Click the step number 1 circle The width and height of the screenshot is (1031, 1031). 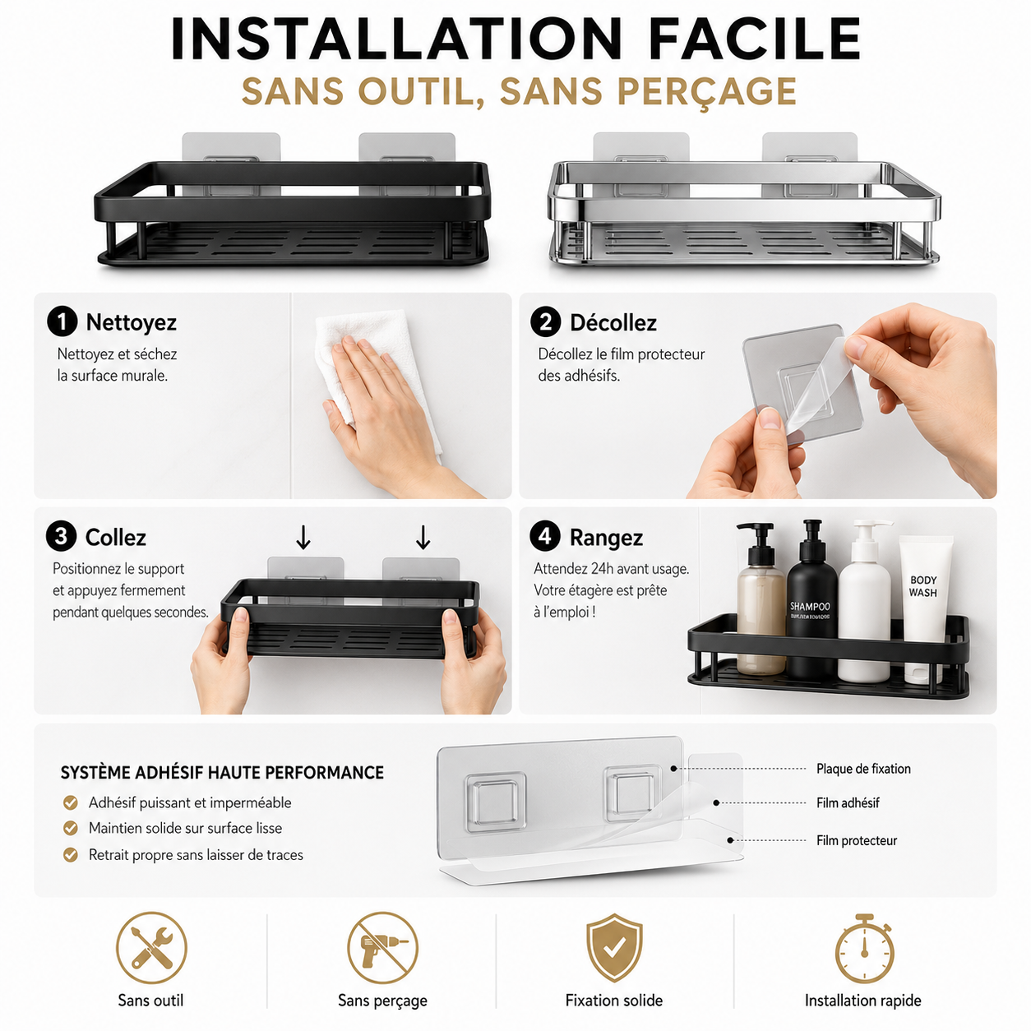click(62, 321)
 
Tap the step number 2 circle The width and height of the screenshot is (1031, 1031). click(545, 322)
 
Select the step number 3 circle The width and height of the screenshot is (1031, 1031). click(61, 536)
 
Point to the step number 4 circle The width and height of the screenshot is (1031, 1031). click(544, 536)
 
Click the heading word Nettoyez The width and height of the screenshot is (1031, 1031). click(131, 322)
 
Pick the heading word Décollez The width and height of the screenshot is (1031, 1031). click(613, 322)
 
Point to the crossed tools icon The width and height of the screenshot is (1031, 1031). click(151, 947)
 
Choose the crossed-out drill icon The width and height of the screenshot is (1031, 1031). click(382, 947)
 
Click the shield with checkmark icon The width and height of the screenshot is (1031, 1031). click(614, 947)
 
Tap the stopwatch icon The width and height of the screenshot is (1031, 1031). click(863, 949)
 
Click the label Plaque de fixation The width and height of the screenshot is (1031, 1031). click(863, 769)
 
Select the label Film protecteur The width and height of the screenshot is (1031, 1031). click(856, 840)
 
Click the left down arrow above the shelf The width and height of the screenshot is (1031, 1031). click(303, 537)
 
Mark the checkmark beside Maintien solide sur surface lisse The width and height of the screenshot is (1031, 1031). click(70, 828)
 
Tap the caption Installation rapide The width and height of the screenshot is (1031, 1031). click(863, 1001)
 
